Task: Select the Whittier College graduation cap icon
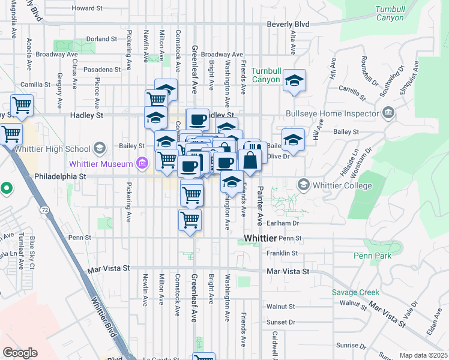(x=304, y=184)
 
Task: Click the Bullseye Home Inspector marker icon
(x=388, y=113)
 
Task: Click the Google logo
(x=20, y=353)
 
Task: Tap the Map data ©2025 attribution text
(x=423, y=355)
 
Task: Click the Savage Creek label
(x=355, y=292)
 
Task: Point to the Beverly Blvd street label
(x=288, y=26)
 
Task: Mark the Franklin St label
(x=282, y=253)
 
